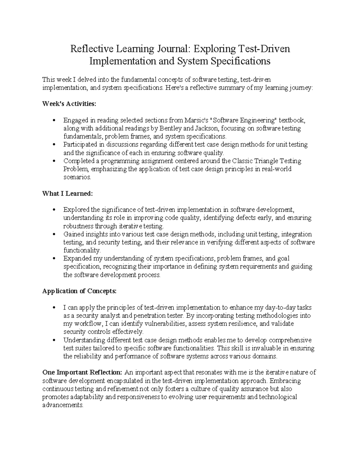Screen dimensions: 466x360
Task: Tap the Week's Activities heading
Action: pyautogui.click(x=69, y=104)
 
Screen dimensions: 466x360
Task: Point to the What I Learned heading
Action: pyautogui.click(x=68, y=194)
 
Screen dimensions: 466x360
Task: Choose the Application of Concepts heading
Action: pyautogui.click(x=79, y=291)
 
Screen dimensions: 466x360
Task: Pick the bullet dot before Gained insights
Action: pyautogui.click(x=54, y=234)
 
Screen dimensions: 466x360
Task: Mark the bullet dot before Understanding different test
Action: pyautogui.click(x=54, y=341)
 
